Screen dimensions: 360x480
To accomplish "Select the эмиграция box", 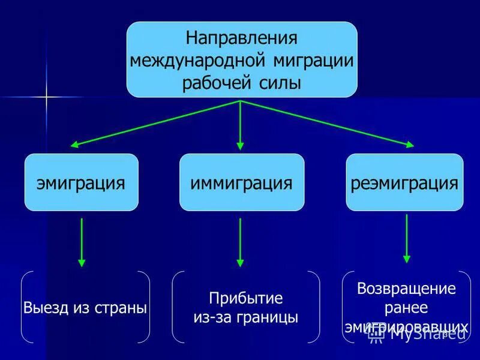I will pos(81,182).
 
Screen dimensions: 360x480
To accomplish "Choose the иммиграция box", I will pos(241,182).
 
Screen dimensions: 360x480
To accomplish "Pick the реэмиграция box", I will pos(404,182).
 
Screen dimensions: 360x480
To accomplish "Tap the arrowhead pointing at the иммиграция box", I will pos(241,146).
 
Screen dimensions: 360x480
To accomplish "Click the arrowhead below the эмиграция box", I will pos(82,262).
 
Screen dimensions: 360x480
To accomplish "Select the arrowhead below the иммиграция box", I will pos(241,262).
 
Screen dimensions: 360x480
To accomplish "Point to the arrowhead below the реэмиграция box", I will pos(407,259).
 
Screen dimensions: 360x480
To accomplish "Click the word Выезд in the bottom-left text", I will pos(44,308).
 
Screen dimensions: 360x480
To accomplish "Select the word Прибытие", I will pos(245,298).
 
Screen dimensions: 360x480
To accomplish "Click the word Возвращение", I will pos(406,288).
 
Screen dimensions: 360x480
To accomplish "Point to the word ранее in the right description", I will pos(406,307).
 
